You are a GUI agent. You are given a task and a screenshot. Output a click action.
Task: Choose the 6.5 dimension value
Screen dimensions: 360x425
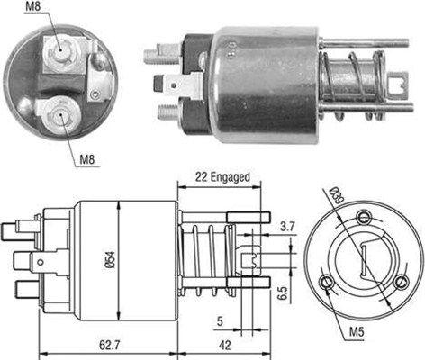[284, 292]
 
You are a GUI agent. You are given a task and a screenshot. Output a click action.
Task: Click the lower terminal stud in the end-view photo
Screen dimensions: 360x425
[59, 114]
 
